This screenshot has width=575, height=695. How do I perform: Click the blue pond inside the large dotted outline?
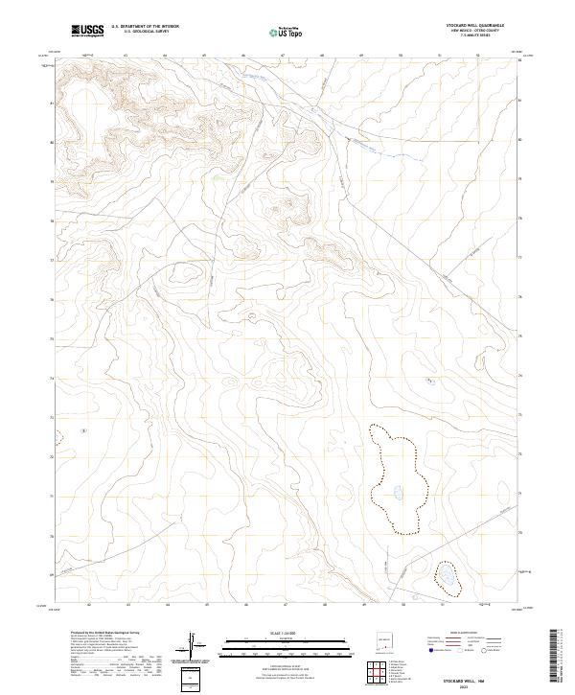(396, 495)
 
